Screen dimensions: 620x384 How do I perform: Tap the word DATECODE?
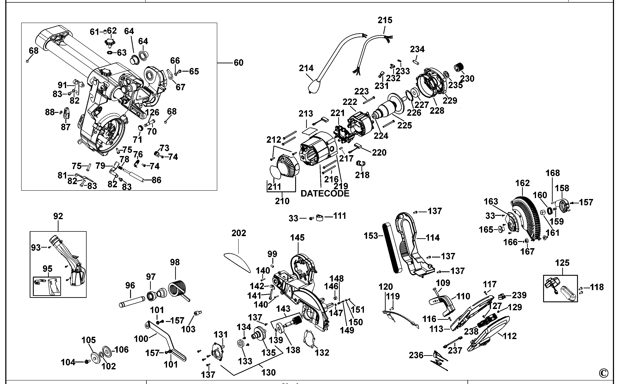(325, 194)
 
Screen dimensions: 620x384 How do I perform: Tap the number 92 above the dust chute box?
(58, 216)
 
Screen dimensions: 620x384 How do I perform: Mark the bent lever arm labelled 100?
(165, 340)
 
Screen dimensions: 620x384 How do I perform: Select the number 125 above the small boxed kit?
(562, 263)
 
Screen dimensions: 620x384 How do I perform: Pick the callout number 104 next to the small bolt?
(68, 362)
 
